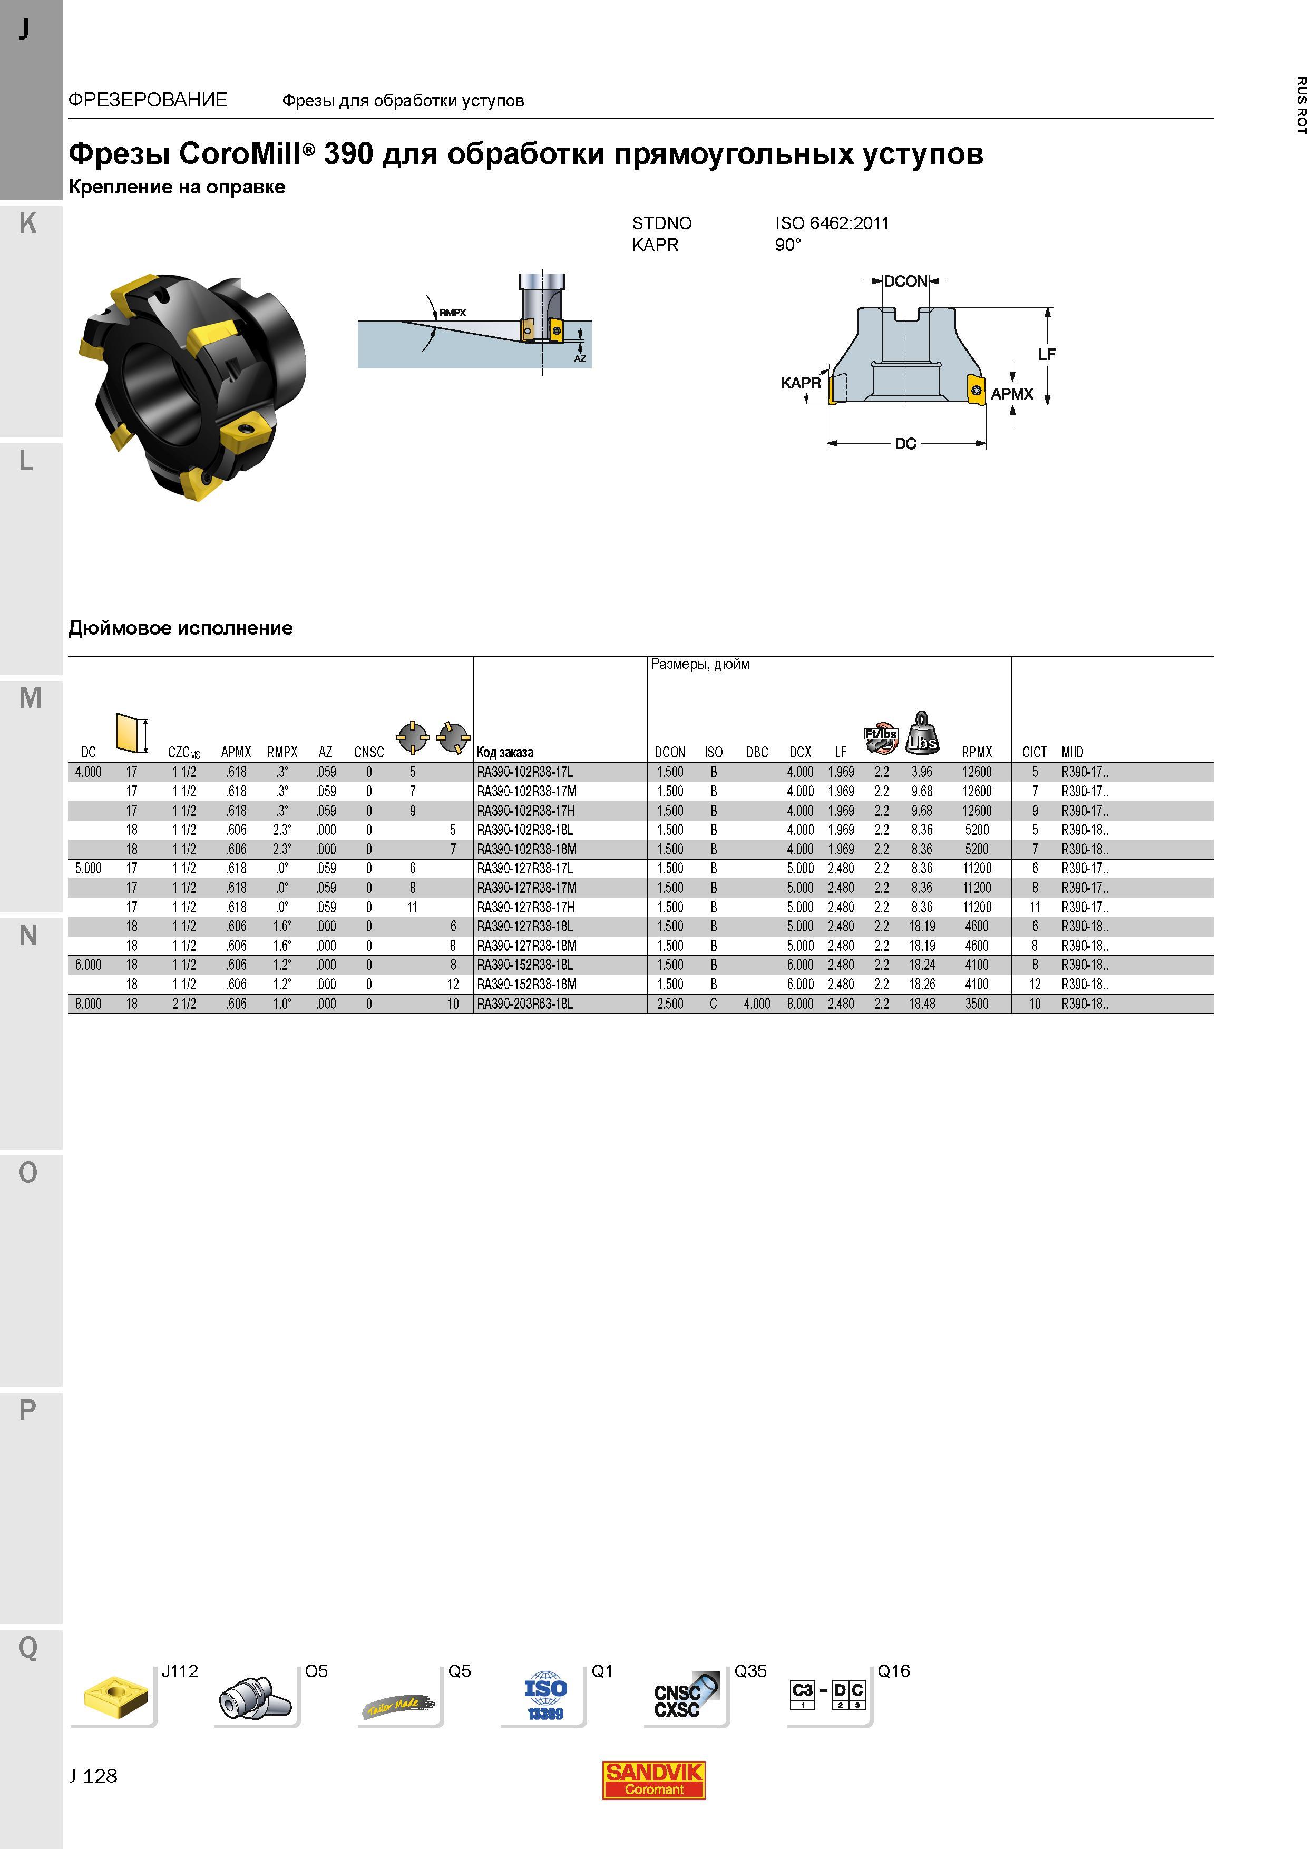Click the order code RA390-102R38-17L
[525, 772]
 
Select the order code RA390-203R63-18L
[525, 1004]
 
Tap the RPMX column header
[977, 752]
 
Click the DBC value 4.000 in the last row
[757, 1004]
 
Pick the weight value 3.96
[922, 772]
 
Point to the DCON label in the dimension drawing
[906, 281]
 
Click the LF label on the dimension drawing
[1046, 354]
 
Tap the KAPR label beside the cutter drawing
[801, 383]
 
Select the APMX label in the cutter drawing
[1012, 394]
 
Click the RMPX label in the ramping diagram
[453, 313]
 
